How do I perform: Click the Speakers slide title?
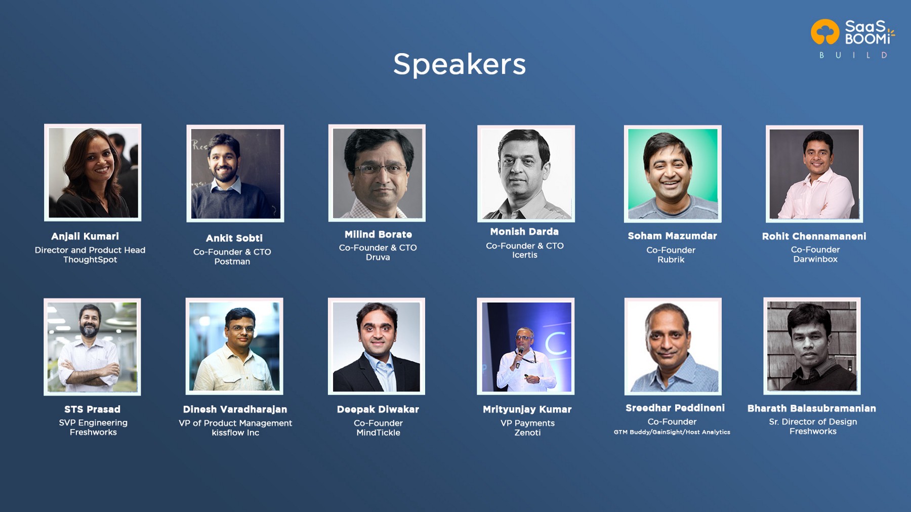(x=460, y=65)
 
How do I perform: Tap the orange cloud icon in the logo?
(x=825, y=32)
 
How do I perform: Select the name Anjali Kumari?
(x=85, y=236)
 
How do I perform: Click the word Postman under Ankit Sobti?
(x=232, y=262)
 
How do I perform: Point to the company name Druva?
(x=378, y=257)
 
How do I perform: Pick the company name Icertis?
(x=525, y=255)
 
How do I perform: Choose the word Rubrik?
(x=671, y=260)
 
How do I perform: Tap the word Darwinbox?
(x=815, y=259)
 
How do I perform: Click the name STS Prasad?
(x=93, y=409)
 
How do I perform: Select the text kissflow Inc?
(x=235, y=433)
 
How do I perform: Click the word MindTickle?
(x=378, y=433)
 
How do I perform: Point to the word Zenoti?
(x=527, y=433)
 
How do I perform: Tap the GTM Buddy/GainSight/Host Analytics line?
(x=672, y=432)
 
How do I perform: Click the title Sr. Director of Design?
(x=813, y=421)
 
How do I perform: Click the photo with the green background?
(x=673, y=174)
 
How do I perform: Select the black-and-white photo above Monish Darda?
(x=526, y=174)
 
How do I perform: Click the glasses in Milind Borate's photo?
(x=381, y=169)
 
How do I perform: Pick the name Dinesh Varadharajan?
(x=235, y=409)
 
